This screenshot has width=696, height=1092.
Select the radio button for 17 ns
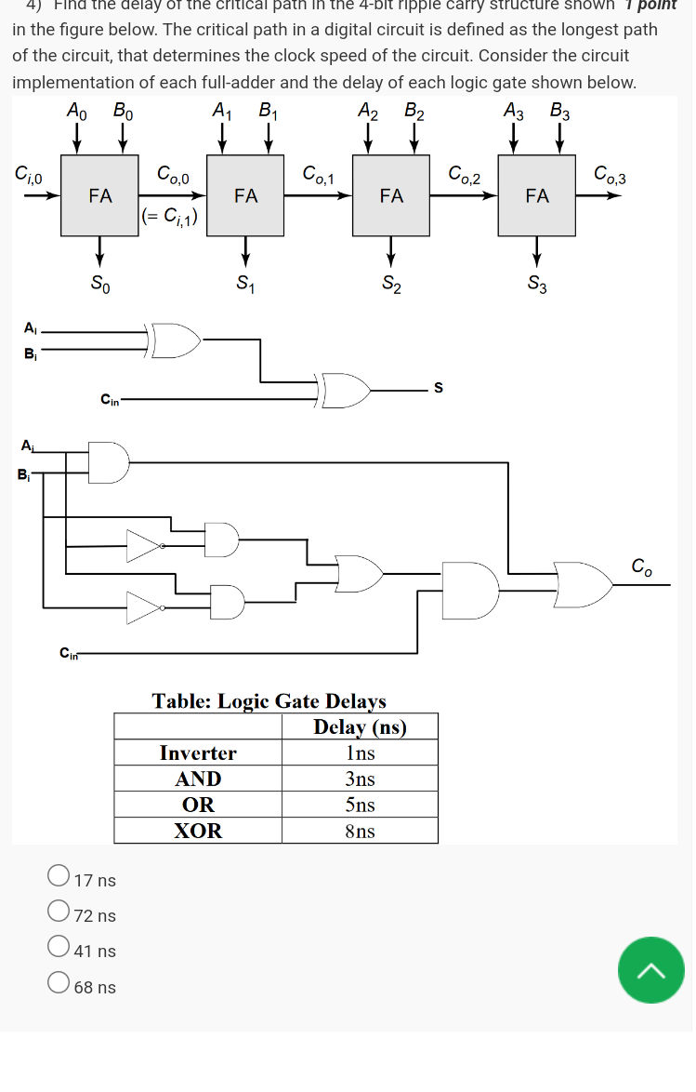point(59,875)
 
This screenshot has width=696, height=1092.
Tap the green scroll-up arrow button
point(650,970)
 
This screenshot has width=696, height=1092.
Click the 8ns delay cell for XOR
point(360,831)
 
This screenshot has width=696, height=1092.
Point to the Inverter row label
point(198,752)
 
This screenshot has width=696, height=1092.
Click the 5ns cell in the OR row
point(360,805)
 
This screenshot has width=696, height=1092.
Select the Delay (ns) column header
point(360,726)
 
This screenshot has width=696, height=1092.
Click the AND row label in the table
point(198,779)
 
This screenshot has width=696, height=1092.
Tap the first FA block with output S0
point(99,196)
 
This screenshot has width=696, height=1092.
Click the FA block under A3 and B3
point(536,196)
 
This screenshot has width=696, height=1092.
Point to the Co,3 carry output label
point(610,174)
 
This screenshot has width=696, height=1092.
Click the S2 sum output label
point(391,284)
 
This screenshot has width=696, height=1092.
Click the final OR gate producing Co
point(583,584)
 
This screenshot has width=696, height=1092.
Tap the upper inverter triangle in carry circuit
point(143,546)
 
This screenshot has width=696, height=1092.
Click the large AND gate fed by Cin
point(469,591)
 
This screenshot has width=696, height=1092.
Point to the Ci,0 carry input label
point(28,173)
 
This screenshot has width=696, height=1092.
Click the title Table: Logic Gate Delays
point(269,700)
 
